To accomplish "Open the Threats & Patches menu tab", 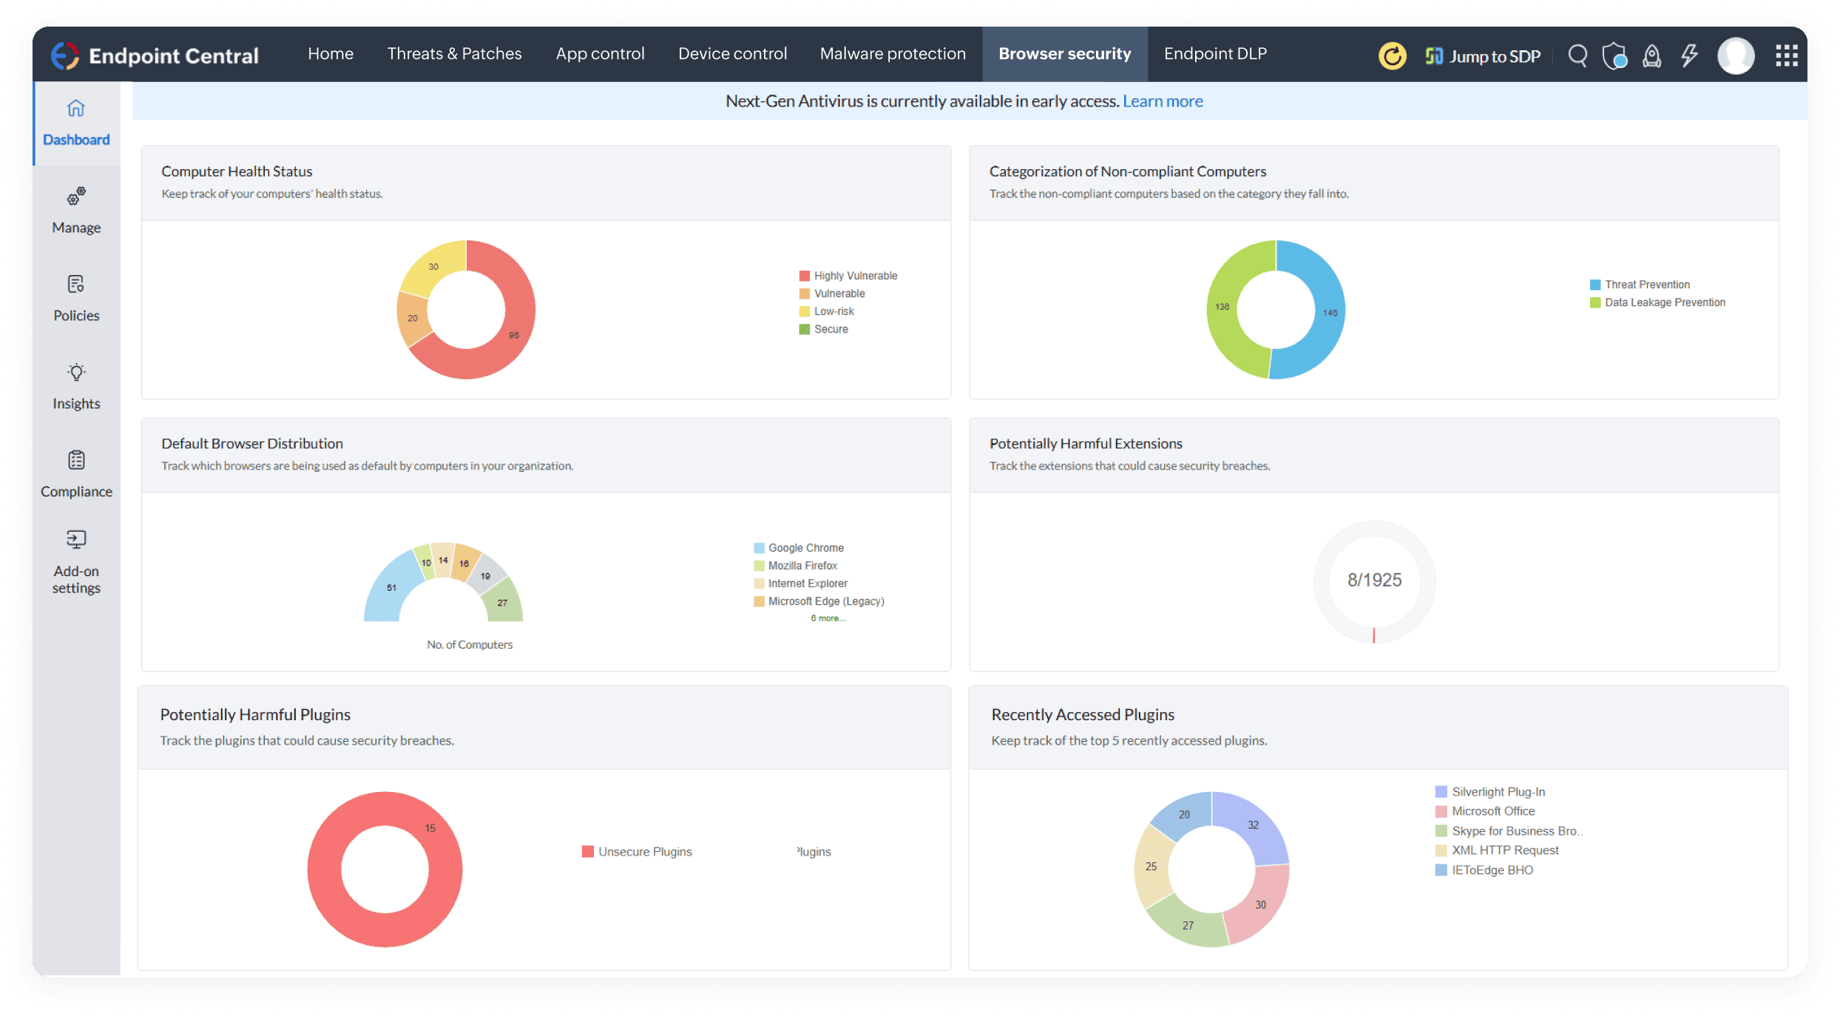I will click(x=454, y=54).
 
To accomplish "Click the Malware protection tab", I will click(x=893, y=54).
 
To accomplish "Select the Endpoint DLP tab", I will click(x=1215, y=54).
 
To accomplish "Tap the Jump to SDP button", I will click(x=1483, y=56).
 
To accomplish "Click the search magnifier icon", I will click(x=1577, y=55).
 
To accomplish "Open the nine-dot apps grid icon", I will click(x=1787, y=55).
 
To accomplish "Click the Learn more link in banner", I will click(x=1163, y=101).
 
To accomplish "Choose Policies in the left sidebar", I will click(x=76, y=299).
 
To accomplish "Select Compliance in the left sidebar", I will click(x=76, y=475).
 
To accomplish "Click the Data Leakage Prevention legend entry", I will click(x=1664, y=302).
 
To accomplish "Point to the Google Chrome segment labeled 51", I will click(x=391, y=589).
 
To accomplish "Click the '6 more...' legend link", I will click(x=828, y=618).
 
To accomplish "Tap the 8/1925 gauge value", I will click(x=1374, y=580).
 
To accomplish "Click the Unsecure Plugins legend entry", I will click(x=644, y=852).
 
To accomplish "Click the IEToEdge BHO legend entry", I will click(x=1492, y=870).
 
